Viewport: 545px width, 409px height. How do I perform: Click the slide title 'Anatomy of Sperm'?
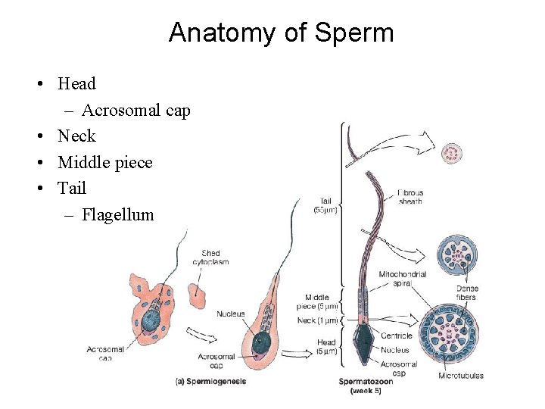281,33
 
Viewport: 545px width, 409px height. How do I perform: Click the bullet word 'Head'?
76,83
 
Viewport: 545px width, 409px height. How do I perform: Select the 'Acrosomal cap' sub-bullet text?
135,110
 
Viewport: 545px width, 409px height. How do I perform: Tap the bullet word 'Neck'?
76,136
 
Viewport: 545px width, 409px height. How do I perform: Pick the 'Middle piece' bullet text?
104,162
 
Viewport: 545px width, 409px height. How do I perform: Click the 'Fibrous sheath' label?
410,197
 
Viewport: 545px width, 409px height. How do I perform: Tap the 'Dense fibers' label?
467,292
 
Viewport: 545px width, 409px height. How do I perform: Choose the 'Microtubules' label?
460,376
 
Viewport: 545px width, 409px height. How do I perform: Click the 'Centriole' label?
397,336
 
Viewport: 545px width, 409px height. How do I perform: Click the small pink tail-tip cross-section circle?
453,154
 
